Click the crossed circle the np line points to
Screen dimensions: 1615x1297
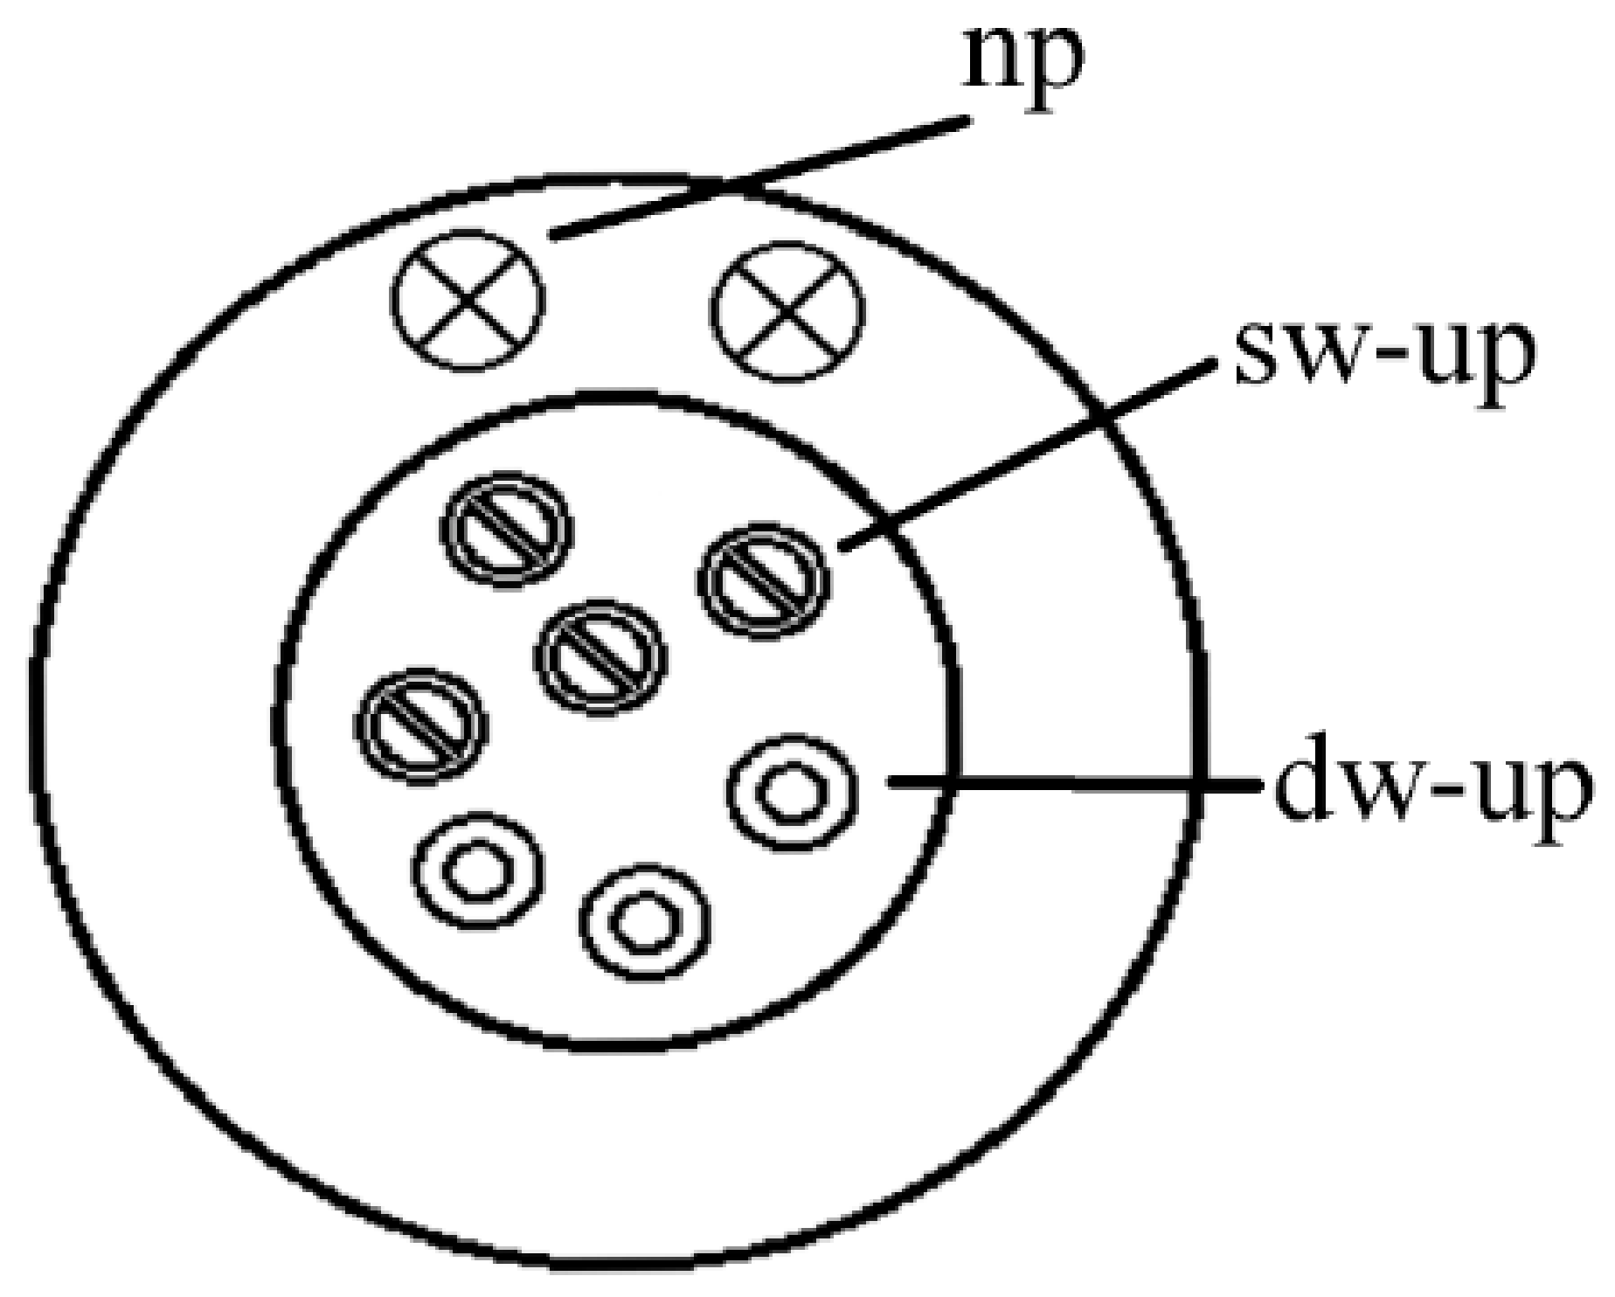click(468, 298)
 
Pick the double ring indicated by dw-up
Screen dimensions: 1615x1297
click(792, 791)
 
